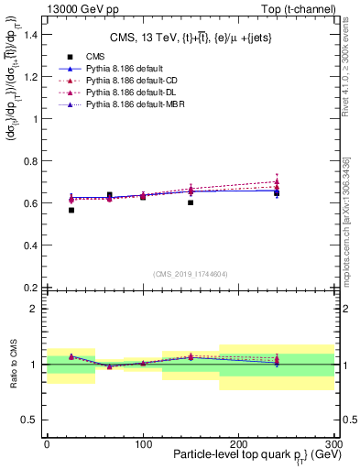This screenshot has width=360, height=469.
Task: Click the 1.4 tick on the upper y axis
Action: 31,35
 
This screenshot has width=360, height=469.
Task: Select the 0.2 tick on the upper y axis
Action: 31,288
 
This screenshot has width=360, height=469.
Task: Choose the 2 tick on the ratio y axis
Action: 35,309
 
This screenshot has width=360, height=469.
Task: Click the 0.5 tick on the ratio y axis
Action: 31,420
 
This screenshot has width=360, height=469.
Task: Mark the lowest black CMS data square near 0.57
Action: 71,210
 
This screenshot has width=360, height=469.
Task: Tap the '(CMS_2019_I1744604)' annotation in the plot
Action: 190,274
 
